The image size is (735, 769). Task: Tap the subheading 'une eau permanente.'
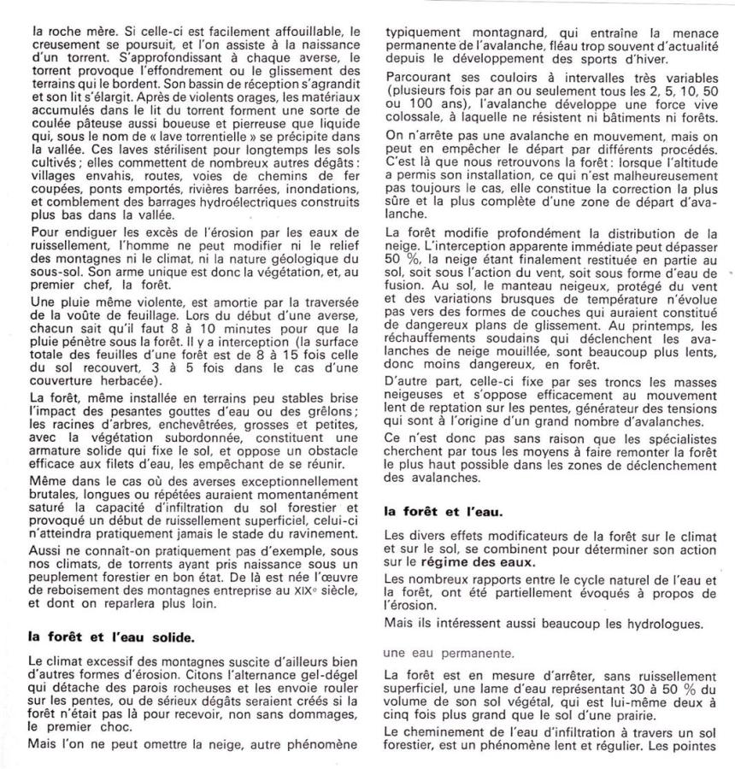[437, 654]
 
